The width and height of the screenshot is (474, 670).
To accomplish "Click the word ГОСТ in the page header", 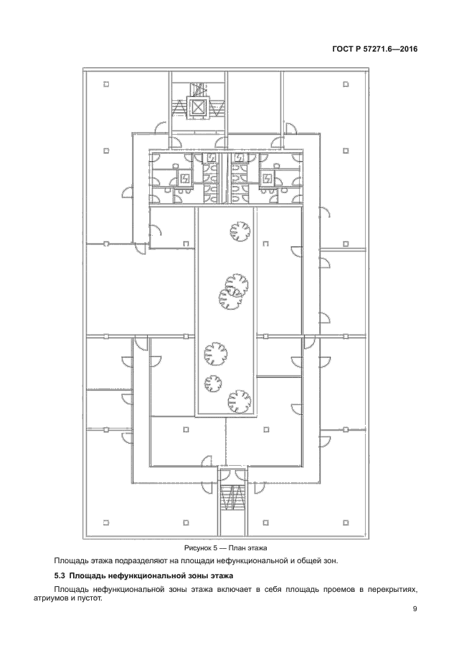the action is click(x=342, y=49).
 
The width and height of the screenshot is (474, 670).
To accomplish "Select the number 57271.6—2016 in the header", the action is click(x=389, y=49).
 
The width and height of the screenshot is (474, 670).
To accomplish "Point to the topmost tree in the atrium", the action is click(x=240, y=231).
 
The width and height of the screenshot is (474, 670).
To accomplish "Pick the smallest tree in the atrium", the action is click(x=213, y=383).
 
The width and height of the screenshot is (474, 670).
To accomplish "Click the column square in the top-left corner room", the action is click(x=106, y=84).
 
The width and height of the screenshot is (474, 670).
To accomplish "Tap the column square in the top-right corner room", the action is click(x=346, y=84).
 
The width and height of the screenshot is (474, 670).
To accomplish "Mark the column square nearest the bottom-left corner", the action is click(x=106, y=522).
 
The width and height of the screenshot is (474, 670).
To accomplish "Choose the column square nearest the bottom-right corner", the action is click(x=346, y=522).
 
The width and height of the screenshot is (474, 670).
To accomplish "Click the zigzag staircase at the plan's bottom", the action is click(x=232, y=498).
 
